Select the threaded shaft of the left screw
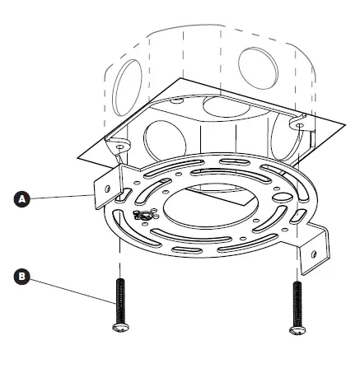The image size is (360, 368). click(x=119, y=301)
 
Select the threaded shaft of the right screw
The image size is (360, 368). click(x=297, y=301)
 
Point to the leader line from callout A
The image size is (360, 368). click(x=62, y=196)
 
